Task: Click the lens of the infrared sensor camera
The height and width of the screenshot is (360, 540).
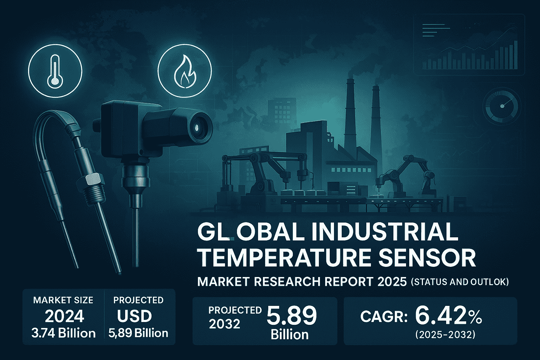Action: click(x=198, y=126)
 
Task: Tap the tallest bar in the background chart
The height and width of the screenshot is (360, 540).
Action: click(x=516, y=54)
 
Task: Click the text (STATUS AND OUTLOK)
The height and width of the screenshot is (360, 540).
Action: click(x=459, y=282)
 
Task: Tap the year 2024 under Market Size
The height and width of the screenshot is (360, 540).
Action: click(x=64, y=316)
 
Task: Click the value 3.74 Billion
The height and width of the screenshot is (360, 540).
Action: click(x=64, y=333)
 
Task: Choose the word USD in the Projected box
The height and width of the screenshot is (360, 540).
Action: click(x=134, y=316)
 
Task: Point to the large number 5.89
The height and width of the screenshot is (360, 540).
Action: click(x=291, y=315)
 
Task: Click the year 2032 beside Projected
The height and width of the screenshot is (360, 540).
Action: click(x=225, y=323)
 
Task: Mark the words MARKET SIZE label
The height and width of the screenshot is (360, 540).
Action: click(x=63, y=300)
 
